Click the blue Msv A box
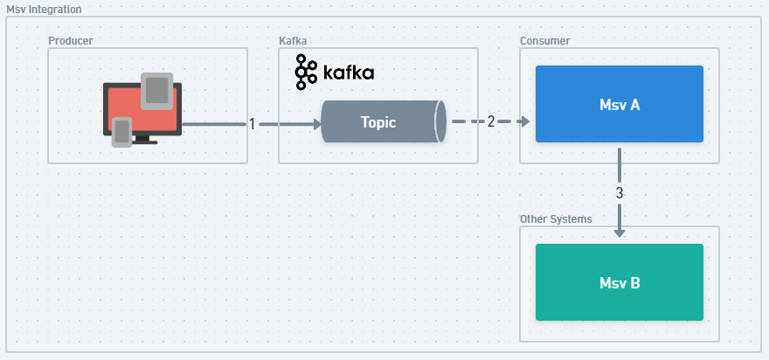[x=619, y=104]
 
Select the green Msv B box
[x=619, y=282]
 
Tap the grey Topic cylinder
[x=379, y=122]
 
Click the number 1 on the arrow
[x=252, y=124]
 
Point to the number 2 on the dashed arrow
[x=491, y=121]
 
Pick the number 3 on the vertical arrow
[x=620, y=192]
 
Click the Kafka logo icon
[x=305, y=72]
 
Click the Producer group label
[x=70, y=41]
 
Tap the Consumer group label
[x=544, y=41]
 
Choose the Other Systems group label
[x=556, y=219]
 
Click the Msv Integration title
[x=44, y=9]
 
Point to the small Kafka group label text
[x=292, y=41]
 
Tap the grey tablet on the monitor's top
[x=157, y=90]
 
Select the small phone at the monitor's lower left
[x=122, y=131]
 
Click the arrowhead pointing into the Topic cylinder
[x=316, y=125]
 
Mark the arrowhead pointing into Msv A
[x=525, y=122]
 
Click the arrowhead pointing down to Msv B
[x=620, y=232]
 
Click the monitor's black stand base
[x=144, y=142]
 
